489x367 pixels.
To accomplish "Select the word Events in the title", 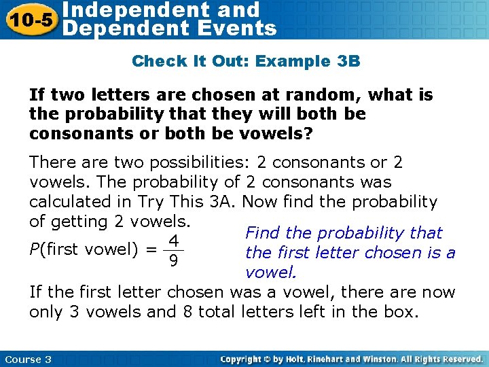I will click(x=240, y=29).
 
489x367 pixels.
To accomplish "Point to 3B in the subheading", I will click(x=348, y=61).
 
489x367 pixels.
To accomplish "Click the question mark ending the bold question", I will click(x=309, y=133).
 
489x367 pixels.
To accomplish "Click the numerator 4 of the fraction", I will click(x=174, y=241).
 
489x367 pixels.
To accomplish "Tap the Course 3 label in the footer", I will click(x=27, y=359).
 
